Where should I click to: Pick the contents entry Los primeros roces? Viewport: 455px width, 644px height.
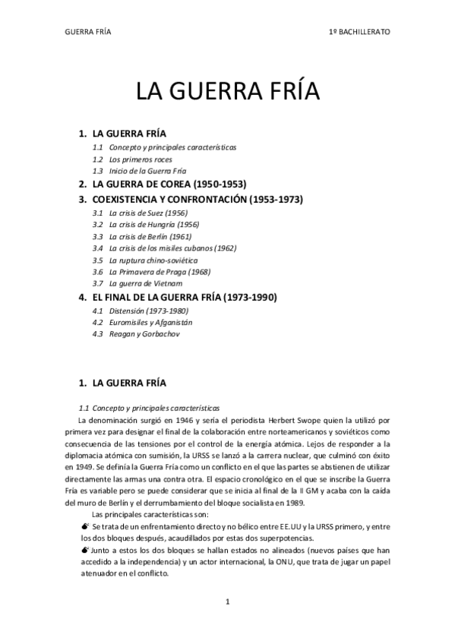click(x=140, y=159)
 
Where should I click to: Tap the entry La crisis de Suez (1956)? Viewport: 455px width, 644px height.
click(x=148, y=213)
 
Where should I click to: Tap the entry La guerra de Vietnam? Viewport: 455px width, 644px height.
click(x=145, y=283)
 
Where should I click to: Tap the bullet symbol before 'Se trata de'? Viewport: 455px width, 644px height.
click(x=84, y=525)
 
